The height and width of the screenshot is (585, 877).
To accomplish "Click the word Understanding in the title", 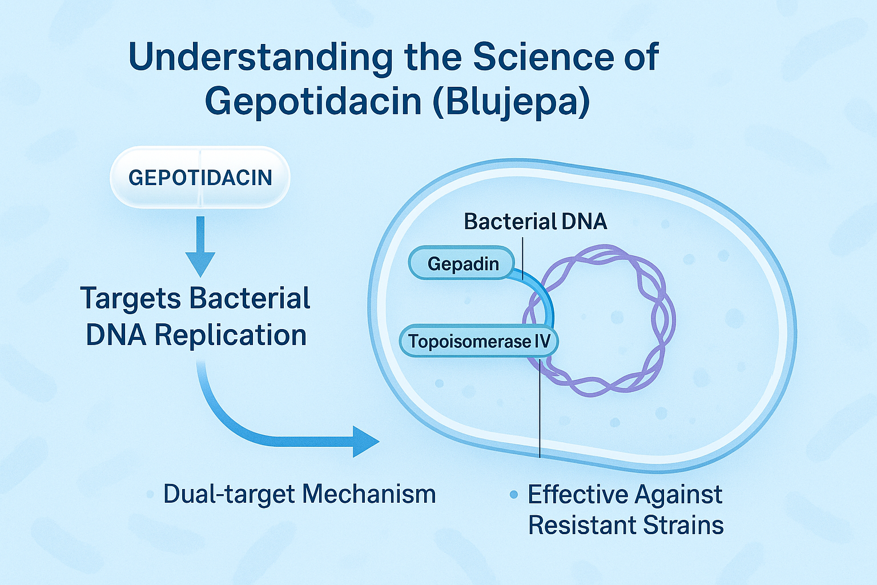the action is click(260, 58).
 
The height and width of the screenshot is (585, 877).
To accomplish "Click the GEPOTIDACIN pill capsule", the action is click(200, 177).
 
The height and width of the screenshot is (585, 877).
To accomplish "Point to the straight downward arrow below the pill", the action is click(200, 246).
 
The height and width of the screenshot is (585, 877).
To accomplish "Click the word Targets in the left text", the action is click(131, 299).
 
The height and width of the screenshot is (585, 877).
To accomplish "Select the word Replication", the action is click(231, 335).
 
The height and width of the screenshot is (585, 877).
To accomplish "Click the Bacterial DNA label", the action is click(535, 222).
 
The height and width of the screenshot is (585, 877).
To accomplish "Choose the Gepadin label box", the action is click(461, 263).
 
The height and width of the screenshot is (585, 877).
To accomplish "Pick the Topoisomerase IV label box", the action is click(479, 341).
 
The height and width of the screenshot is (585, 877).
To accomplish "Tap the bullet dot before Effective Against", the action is click(514, 495).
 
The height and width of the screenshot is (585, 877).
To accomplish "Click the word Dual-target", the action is click(230, 495).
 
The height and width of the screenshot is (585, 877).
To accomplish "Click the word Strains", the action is click(683, 525).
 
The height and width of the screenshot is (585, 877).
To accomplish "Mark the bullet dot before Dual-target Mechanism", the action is click(150, 495).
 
